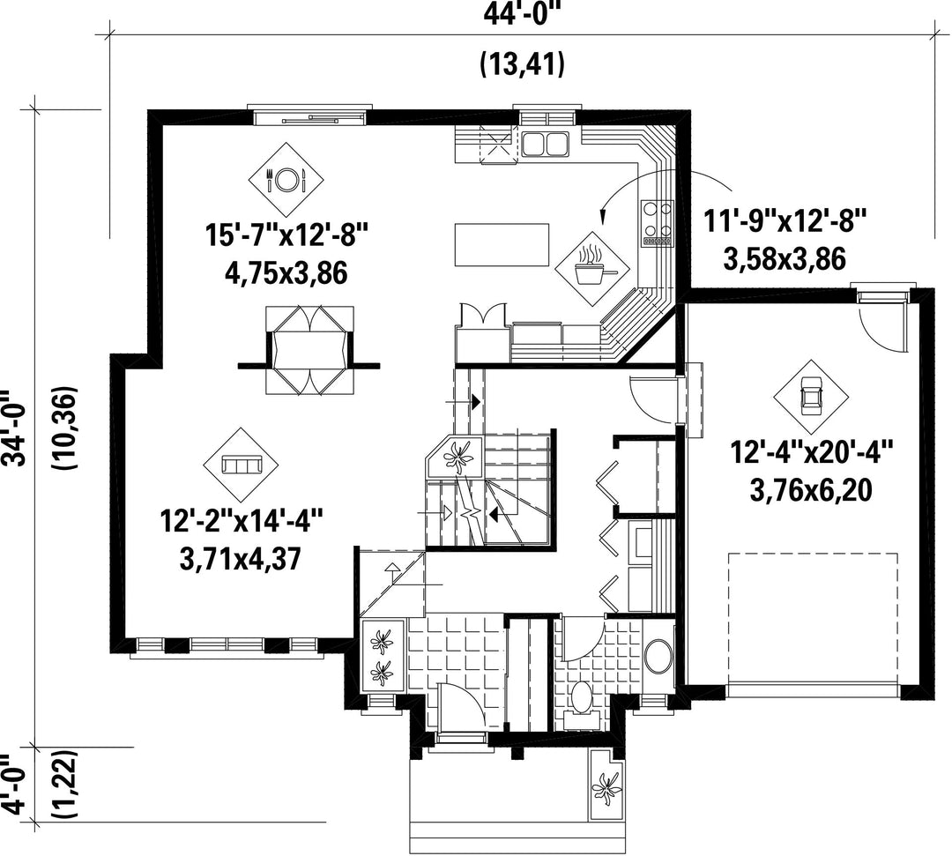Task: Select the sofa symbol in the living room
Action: (x=242, y=465)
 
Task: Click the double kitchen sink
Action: (x=545, y=145)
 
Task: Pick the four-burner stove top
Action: (x=658, y=223)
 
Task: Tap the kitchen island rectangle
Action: (x=502, y=245)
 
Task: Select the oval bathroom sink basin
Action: (x=658, y=657)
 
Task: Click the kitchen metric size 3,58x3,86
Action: (x=785, y=259)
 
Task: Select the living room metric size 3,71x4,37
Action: (x=241, y=559)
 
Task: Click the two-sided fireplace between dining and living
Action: (x=309, y=349)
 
